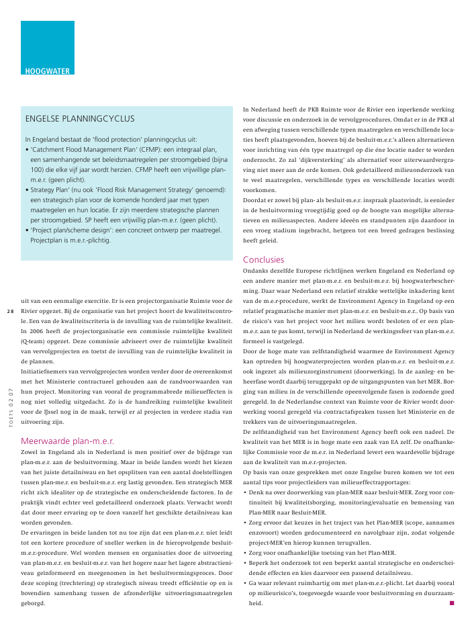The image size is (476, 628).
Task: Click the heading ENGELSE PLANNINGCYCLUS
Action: coord(89,119)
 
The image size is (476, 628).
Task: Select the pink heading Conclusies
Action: coord(263,259)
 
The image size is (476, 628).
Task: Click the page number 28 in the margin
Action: coord(10,311)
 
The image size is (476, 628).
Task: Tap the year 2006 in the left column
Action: coord(30,331)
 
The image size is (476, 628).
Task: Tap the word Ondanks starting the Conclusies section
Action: coord(257,271)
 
